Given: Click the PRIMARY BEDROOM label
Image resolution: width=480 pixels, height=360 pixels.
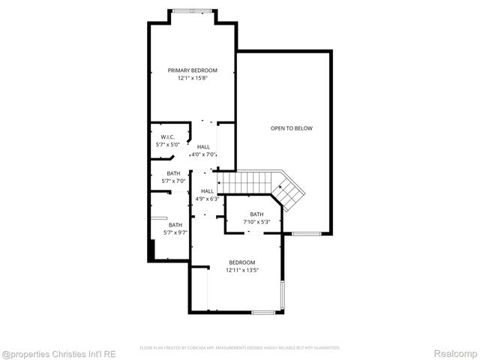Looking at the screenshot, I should (192, 70).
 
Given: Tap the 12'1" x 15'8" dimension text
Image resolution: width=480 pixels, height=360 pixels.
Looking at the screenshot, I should (192, 78).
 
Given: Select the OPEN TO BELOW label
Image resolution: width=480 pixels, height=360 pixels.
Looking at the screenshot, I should (292, 128).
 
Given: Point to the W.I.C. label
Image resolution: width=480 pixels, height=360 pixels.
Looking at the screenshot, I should (167, 136).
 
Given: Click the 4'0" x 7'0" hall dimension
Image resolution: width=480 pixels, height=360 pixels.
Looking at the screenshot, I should (203, 154).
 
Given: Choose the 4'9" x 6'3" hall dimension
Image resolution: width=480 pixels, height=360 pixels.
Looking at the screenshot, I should (207, 199).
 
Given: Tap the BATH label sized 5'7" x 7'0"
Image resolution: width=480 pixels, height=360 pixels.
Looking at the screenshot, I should (173, 174).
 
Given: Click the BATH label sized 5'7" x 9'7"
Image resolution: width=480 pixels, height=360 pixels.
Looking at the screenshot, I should (175, 225).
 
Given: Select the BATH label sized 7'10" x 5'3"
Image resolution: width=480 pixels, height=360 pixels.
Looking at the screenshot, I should (256, 214).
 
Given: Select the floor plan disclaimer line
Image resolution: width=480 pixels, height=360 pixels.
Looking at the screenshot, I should (240, 348).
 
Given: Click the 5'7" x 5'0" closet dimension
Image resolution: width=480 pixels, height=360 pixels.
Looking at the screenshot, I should (167, 144).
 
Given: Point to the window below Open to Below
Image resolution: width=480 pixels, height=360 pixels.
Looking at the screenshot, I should (306, 235).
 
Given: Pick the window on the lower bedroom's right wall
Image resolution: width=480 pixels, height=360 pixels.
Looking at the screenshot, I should (282, 295).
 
